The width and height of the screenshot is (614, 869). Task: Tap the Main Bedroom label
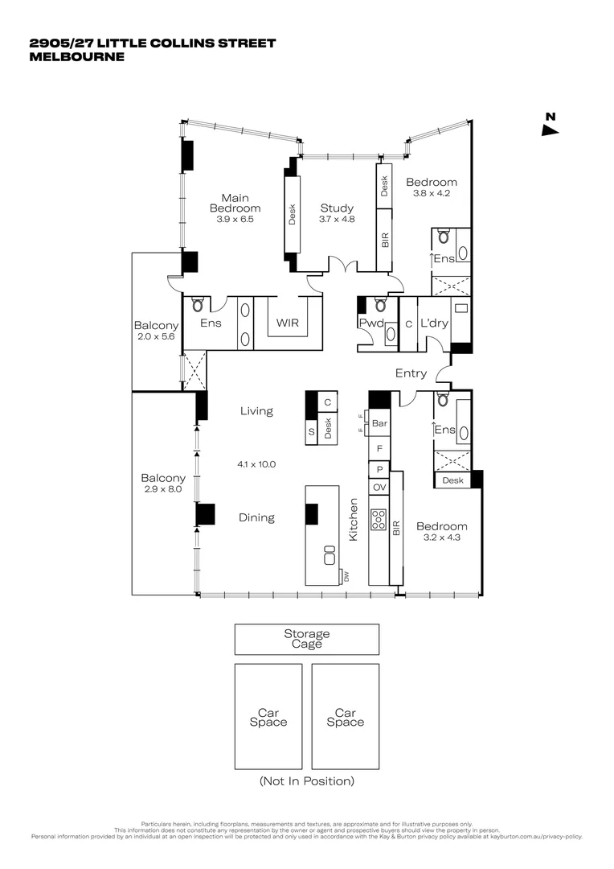tap(235, 204)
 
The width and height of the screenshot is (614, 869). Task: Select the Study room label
tap(337, 208)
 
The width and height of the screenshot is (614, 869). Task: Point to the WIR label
tap(287, 323)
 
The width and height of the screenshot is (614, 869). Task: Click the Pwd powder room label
tap(370, 323)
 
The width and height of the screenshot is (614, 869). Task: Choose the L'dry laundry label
tap(433, 323)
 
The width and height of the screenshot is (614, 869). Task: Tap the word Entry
tap(411, 373)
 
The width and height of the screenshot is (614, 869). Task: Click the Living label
tap(256, 411)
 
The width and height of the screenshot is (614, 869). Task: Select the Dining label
tap(256, 518)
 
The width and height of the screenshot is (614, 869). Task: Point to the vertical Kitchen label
tap(353, 519)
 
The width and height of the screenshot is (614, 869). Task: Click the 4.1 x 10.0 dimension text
tap(256, 464)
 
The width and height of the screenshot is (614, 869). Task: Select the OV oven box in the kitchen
tap(379, 487)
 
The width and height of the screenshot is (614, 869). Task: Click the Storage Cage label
tap(306, 639)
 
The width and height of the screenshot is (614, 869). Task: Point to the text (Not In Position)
tap(306, 780)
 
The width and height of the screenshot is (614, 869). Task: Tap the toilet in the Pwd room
tap(381, 306)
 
